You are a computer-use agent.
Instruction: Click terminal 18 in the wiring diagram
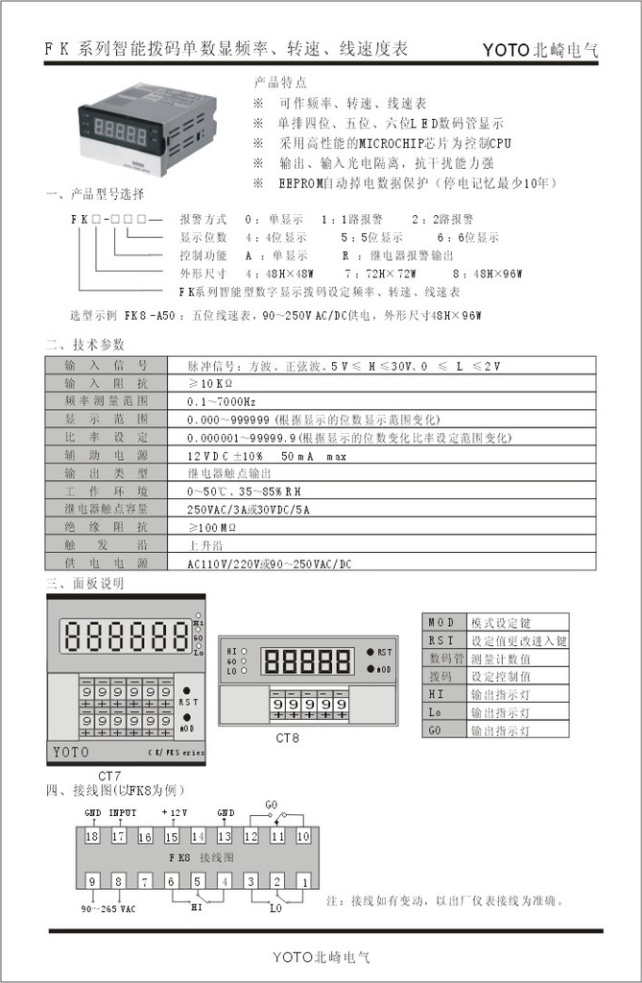click(x=92, y=837)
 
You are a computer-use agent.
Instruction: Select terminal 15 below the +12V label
click(x=172, y=837)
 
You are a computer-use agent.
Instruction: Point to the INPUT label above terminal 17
click(x=122, y=812)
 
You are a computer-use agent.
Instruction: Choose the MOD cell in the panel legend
click(x=442, y=622)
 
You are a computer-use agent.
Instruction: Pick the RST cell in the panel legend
click(x=442, y=640)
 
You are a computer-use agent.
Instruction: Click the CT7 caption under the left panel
click(x=109, y=775)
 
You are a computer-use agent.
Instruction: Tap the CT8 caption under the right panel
click(x=287, y=738)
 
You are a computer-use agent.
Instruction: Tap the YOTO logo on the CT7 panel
click(x=71, y=752)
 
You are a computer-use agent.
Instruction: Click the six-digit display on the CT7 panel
click(x=126, y=635)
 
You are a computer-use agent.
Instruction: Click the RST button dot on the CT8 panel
click(x=369, y=652)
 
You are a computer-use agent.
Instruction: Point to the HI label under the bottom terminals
click(x=197, y=905)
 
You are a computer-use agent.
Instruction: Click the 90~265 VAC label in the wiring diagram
click(x=107, y=908)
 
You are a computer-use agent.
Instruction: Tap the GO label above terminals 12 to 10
click(x=272, y=803)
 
